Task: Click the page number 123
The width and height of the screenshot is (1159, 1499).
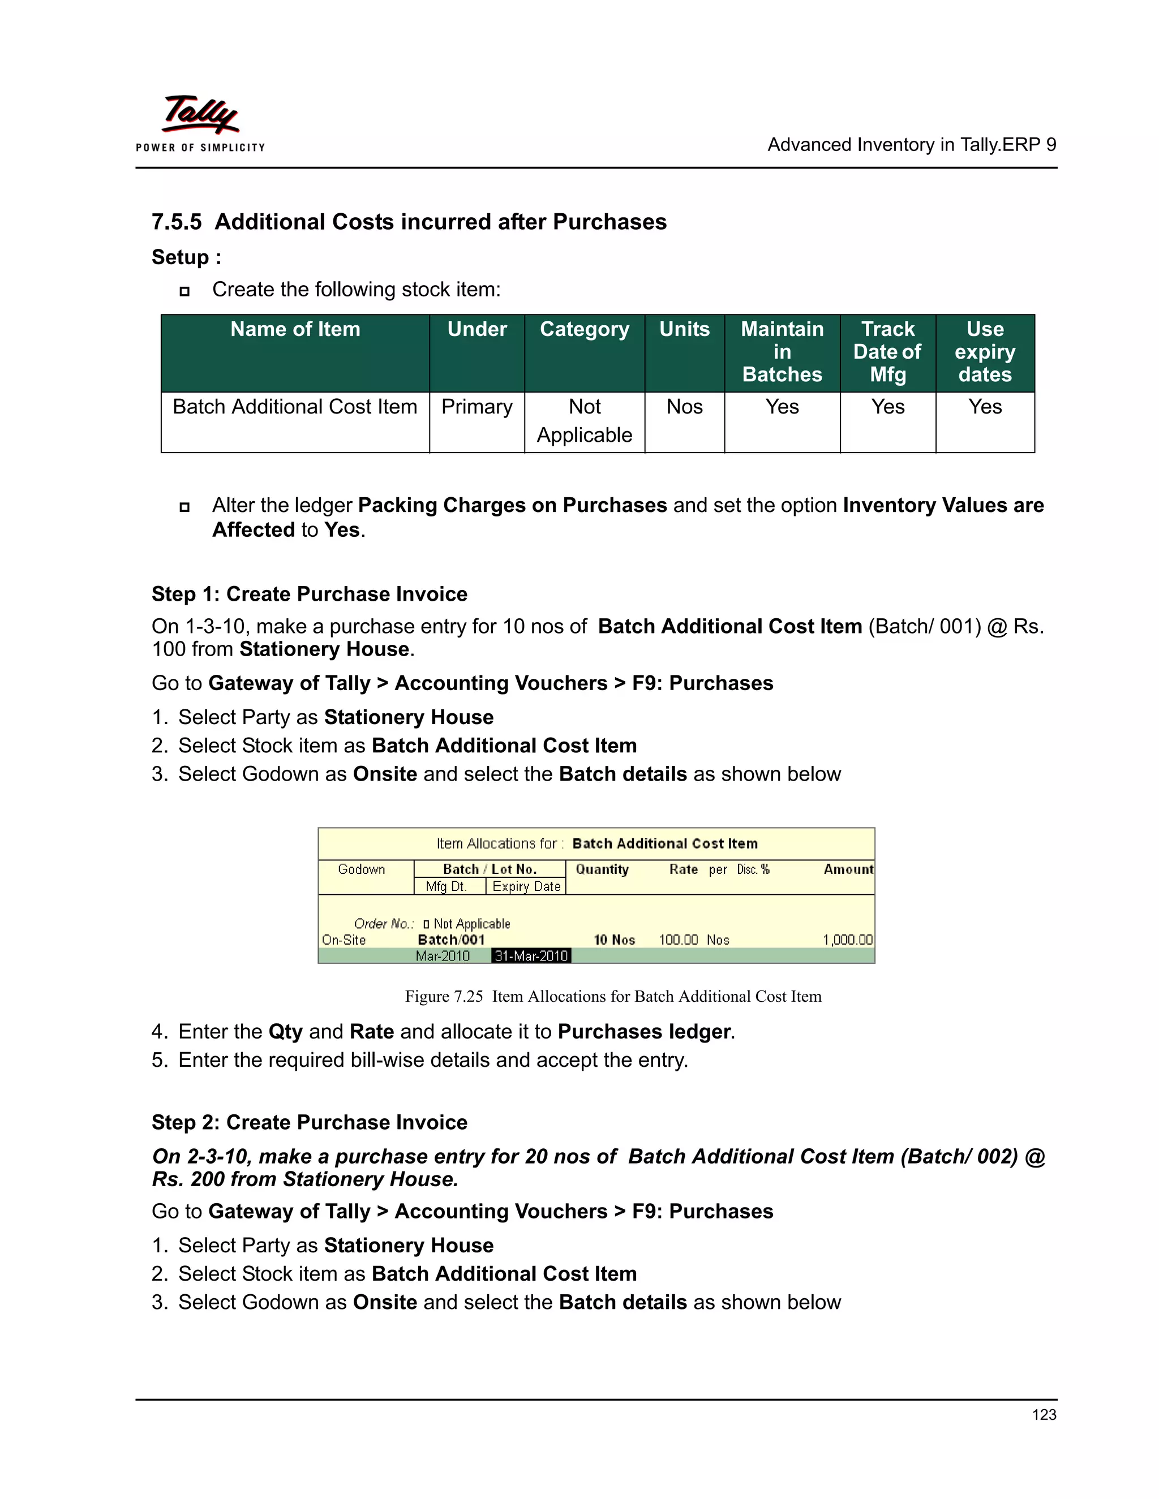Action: [1044, 1415]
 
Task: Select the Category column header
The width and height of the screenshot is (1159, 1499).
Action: [584, 329]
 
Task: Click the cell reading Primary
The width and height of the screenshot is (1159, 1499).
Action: [477, 407]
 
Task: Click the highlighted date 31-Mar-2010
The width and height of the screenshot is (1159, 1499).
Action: [531, 955]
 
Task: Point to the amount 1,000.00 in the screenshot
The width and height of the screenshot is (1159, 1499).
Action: [847, 940]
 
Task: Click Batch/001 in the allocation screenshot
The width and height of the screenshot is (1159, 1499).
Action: [451, 940]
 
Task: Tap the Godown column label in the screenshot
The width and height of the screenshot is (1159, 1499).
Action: [361, 869]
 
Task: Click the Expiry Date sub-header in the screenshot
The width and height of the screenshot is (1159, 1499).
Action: [526, 886]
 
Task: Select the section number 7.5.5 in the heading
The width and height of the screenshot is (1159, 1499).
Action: [177, 222]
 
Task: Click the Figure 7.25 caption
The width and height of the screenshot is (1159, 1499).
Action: [612, 996]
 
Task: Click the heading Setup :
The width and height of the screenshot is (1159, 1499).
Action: [186, 257]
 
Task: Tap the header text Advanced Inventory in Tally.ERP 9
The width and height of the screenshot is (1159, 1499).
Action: [911, 145]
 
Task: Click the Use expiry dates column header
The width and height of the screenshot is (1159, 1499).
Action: [985, 351]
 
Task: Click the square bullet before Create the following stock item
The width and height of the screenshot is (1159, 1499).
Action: [184, 291]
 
